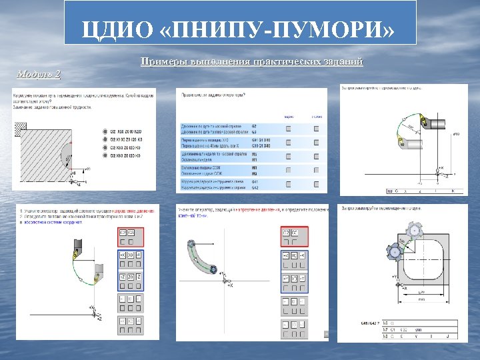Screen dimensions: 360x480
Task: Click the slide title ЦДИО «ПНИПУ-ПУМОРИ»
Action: click(x=239, y=29)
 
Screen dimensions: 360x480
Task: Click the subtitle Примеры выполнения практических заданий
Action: click(x=252, y=62)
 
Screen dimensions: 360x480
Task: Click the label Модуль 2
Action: click(x=39, y=73)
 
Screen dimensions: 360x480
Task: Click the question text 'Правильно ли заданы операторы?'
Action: click(x=213, y=95)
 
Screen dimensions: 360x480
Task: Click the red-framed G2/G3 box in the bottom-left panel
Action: click(x=127, y=233)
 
